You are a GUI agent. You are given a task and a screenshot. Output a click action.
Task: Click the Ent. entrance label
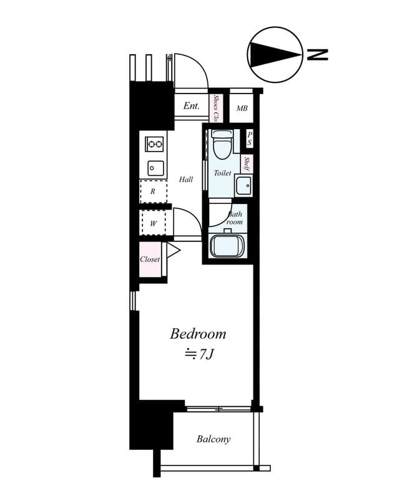[x=192, y=106]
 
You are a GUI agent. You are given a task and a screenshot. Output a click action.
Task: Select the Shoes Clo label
[x=216, y=108]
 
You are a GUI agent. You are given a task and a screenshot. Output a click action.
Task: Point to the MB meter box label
[x=242, y=109]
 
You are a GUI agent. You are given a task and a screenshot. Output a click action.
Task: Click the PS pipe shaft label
[x=249, y=138]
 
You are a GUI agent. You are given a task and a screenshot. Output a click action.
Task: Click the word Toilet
[x=222, y=173]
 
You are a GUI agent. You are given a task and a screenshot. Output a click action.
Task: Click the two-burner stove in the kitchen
[x=155, y=144]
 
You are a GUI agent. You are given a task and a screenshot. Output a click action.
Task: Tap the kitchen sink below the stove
[x=155, y=168]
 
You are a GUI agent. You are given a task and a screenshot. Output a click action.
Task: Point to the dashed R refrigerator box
[x=152, y=191]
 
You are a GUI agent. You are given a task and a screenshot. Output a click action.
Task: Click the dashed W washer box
[x=153, y=223]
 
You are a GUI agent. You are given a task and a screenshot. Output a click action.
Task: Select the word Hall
[x=186, y=180]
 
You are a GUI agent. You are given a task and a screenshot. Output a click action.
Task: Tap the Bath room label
[x=235, y=218]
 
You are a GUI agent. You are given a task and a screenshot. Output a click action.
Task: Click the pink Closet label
[x=150, y=259]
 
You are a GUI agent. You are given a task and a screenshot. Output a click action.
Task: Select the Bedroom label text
[x=198, y=334]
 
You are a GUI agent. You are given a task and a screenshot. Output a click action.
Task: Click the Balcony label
[x=213, y=439]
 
